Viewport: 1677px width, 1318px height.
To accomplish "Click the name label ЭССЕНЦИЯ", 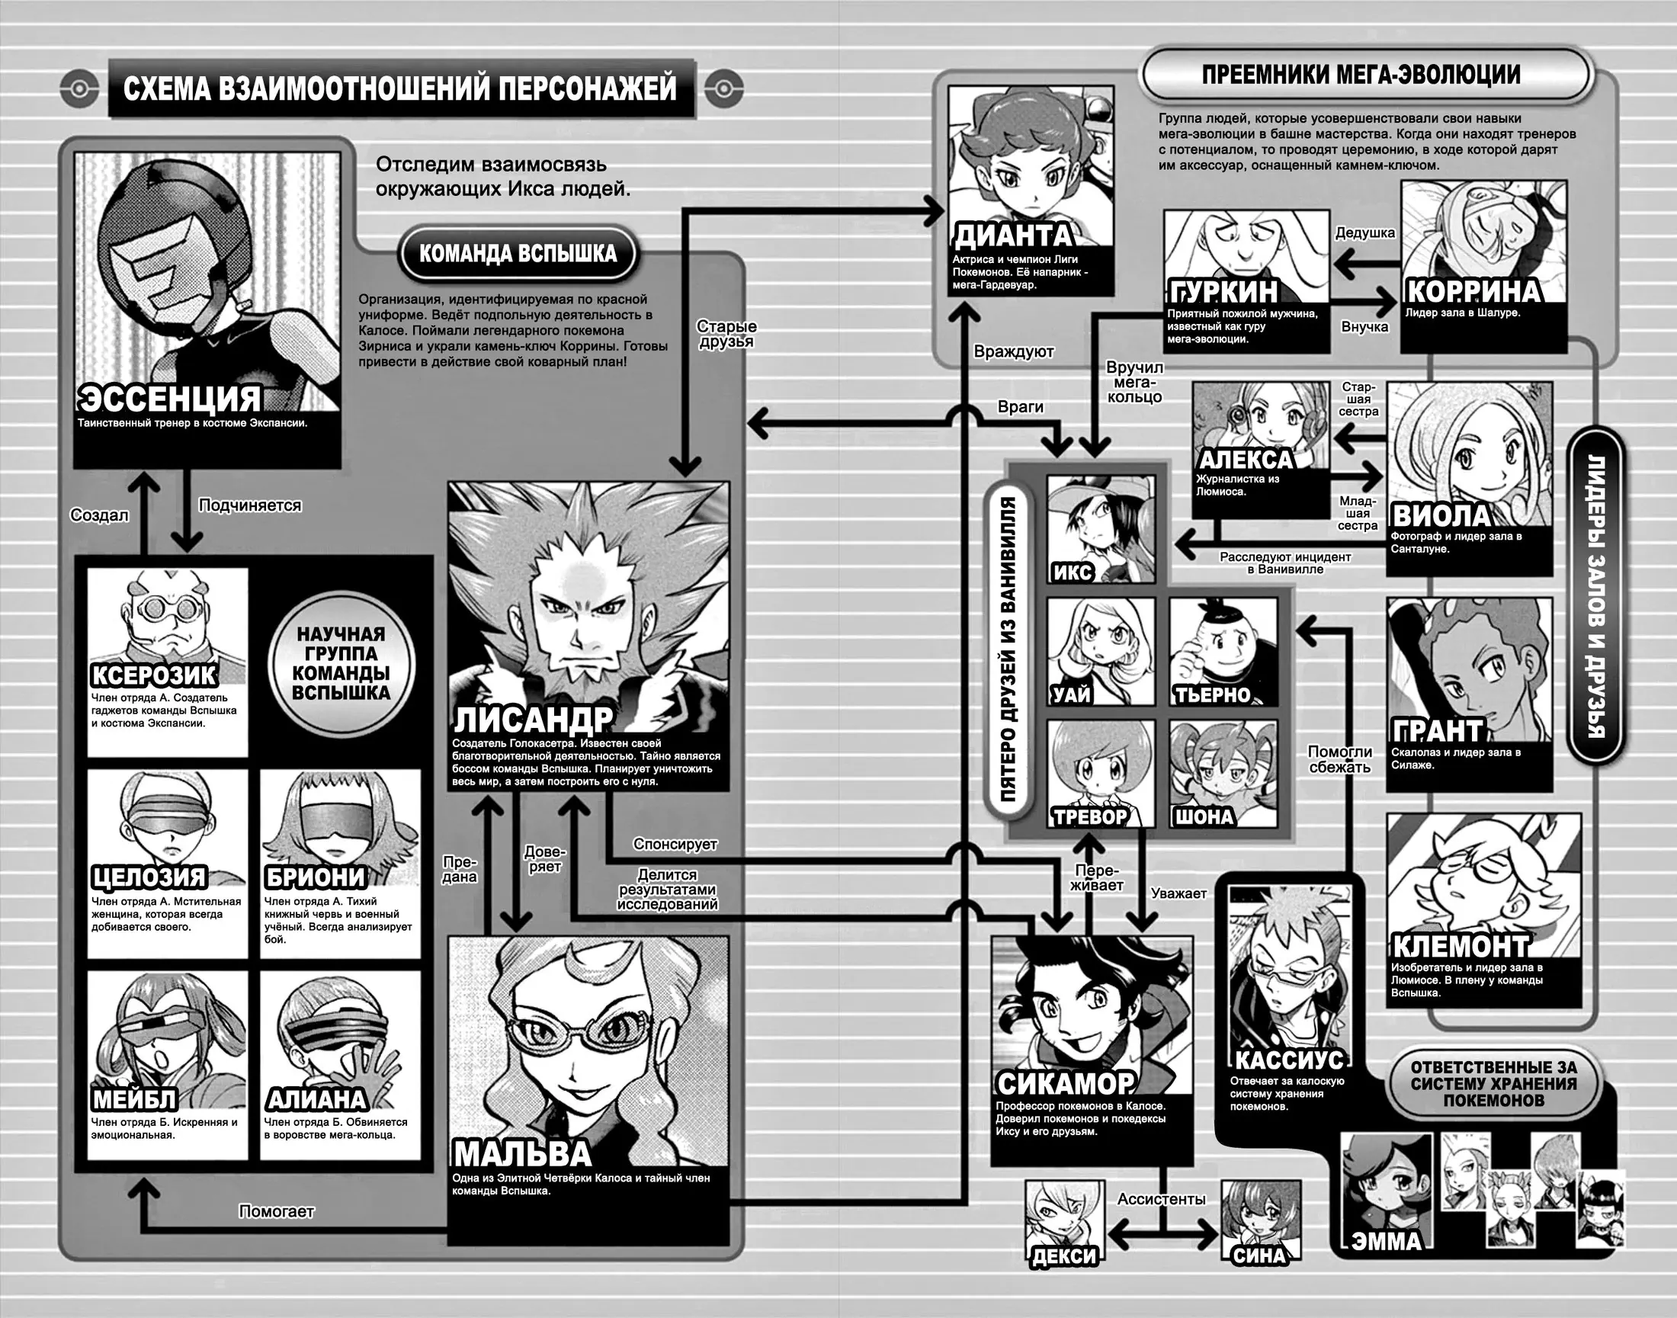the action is [x=171, y=398].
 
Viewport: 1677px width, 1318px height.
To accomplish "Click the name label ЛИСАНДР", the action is [x=533, y=720].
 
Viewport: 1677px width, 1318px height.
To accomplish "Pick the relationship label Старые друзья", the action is [x=726, y=334].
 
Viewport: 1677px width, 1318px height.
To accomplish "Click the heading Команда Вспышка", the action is [x=518, y=253].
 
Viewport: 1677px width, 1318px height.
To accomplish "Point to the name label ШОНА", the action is [x=1204, y=817].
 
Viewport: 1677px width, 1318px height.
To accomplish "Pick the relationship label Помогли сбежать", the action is [x=1341, y=759].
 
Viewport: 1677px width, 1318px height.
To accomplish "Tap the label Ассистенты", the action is [x=1162, y=1199].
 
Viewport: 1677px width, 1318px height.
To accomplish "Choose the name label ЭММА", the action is [x=1387, y=1241].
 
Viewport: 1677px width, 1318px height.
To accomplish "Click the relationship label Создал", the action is [x=100, y=515].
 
